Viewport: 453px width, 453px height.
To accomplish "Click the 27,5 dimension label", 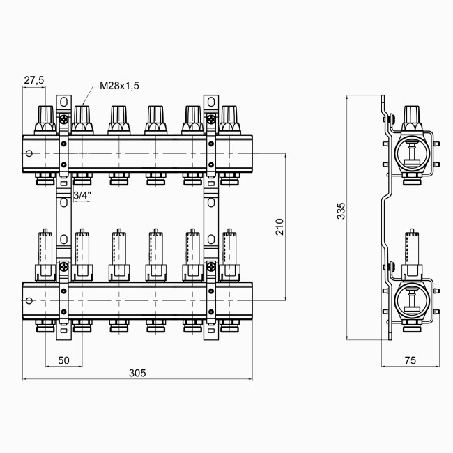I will (x=33, y=81).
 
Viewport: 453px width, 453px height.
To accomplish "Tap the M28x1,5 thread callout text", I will (x=119, y=85).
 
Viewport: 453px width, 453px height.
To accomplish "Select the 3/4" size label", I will (x=82, y=196).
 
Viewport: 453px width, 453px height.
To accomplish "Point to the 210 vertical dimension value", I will (x=279, y=227).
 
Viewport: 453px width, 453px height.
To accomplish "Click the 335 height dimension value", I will (x=340, y=212).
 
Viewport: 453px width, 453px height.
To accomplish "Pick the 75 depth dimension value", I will (x=410, y=360).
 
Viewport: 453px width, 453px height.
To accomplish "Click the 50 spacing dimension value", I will (x=63, y=360).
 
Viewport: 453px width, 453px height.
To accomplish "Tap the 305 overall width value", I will (x=137, y=374).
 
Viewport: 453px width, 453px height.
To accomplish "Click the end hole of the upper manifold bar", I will (x=29, y=154).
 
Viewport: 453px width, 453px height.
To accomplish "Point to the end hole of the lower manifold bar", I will (x=29, y=302).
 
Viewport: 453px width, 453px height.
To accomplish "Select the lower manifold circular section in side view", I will (x=410, y=300).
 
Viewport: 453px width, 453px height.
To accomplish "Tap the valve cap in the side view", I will (x=411, y=116).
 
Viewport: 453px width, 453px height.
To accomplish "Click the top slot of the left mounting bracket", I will (x=63, y=102).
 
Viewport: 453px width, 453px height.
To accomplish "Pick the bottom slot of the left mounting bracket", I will (x=63, y=333).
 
